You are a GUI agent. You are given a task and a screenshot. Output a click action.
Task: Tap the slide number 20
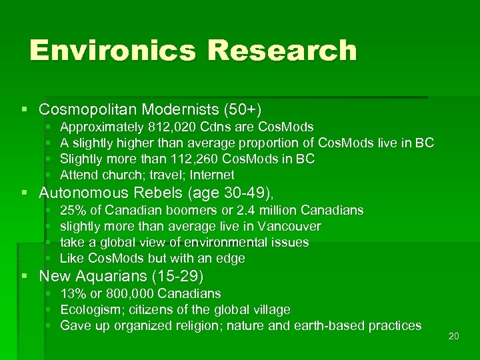tap(454, 336)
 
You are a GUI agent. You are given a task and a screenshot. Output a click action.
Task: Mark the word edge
tap(231, 259)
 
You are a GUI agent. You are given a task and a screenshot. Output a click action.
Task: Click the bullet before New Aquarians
tap(25, 276)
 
